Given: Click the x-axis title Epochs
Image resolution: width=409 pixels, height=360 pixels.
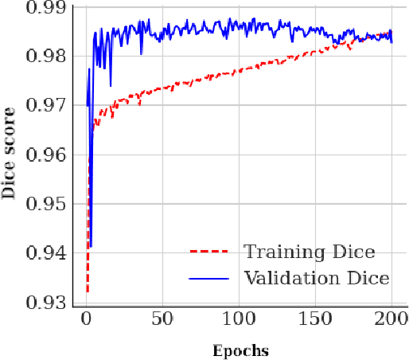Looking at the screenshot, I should click(240, 350).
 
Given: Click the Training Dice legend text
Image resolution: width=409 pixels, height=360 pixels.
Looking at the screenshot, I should click(309, 252).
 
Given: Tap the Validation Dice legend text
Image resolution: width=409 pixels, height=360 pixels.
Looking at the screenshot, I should click(316, 278).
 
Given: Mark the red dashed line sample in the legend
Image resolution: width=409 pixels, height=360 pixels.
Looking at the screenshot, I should click(209, 252).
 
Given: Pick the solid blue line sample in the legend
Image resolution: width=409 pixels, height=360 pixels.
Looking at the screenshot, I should click(209, 278).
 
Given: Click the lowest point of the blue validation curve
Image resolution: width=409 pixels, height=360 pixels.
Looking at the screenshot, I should click(91, 246).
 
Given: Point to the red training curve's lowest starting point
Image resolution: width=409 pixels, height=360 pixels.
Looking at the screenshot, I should click(88, 292).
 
